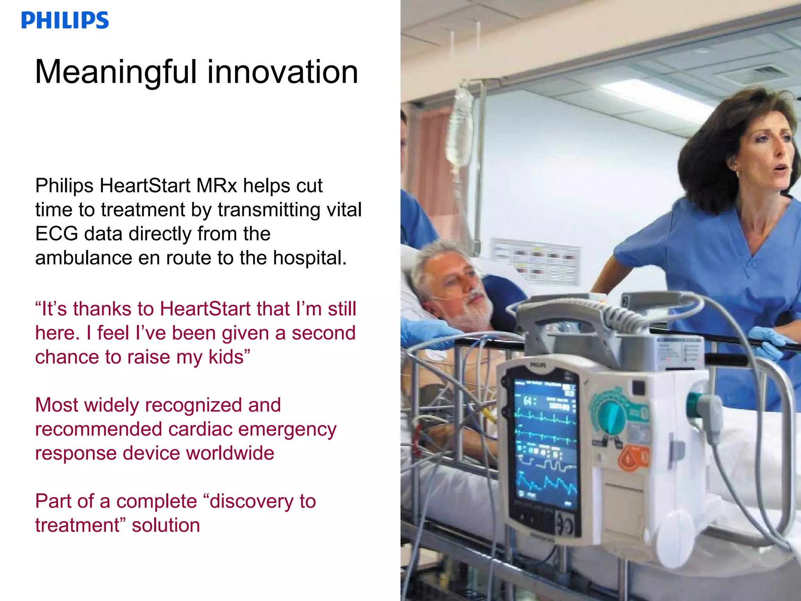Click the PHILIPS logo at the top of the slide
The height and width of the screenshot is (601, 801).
[65, 20]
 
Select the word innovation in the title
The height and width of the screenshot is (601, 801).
[282, 72]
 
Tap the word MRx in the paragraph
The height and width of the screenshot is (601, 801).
[217, 185]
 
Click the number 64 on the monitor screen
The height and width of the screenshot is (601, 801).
[528, 401]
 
